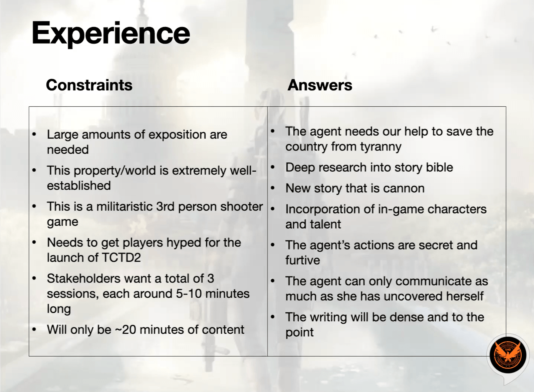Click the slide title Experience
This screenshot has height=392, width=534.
coord(111,34)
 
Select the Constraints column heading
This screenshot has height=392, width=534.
coord(89,85)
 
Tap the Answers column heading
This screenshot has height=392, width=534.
coord(320,85)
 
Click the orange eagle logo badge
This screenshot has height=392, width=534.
coord(508,355)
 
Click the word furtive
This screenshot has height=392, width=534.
coord(302,260)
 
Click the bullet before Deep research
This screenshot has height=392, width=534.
coord(273,167)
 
